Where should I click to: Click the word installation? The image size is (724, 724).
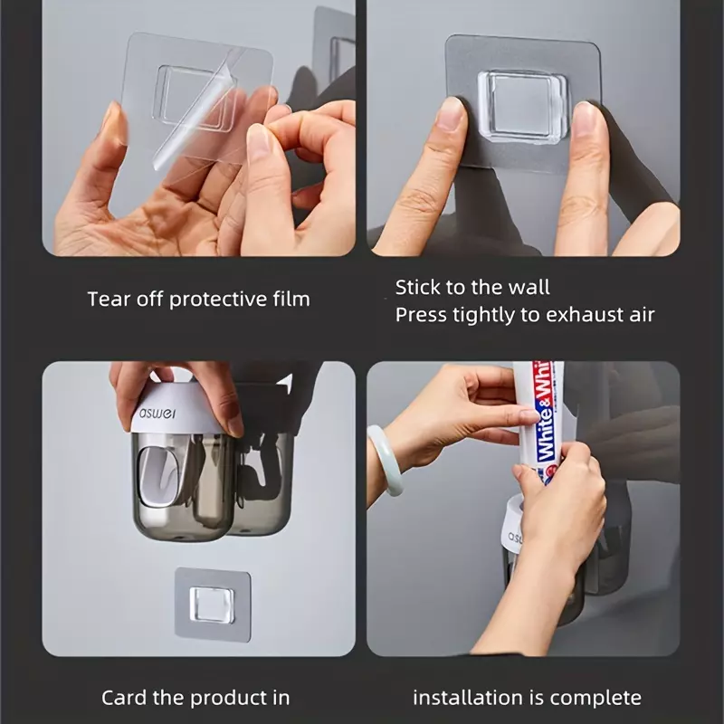click(x=468, y=698)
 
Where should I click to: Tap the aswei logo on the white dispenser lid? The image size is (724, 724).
click(x=157, y=412)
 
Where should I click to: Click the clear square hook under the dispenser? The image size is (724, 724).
click(x=213, y=605)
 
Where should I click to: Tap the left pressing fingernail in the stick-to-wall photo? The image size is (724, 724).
click(x=451, y=114)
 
